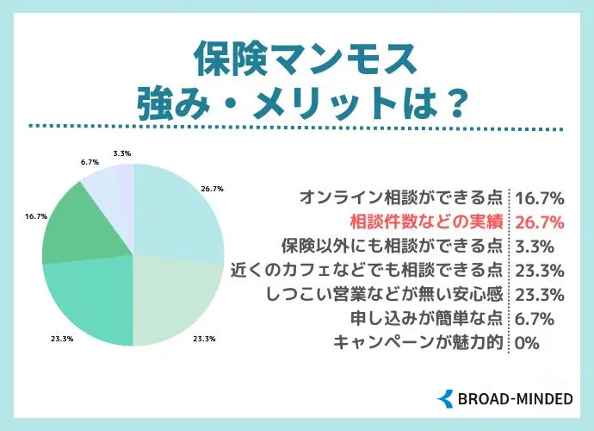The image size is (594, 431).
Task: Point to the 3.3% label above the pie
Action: pos(121,153)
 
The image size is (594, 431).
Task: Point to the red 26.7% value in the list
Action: pos(539,222)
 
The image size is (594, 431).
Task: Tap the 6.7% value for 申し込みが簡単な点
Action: pos(534,318)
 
